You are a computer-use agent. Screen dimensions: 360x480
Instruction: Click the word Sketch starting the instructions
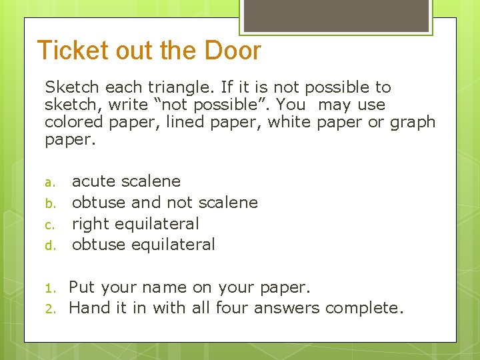click(71, 87)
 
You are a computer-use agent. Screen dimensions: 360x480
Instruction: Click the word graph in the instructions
click(411, 122)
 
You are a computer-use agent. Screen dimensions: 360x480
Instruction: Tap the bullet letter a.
click(48, 182)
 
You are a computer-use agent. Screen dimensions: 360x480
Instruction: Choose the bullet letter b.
click(48, 203)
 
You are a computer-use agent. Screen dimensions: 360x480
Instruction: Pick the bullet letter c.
click(48, 224)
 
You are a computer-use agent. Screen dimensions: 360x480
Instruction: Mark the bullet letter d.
click(48, 245)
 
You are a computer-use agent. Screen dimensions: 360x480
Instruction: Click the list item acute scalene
click(126, 181)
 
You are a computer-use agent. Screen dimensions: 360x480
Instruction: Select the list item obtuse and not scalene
click(165, 202)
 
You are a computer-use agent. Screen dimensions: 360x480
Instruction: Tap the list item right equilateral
click(135, 223)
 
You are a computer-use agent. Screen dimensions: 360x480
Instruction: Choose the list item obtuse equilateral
click(143, 245)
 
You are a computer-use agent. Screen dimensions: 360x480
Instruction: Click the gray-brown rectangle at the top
click(335, 15)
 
